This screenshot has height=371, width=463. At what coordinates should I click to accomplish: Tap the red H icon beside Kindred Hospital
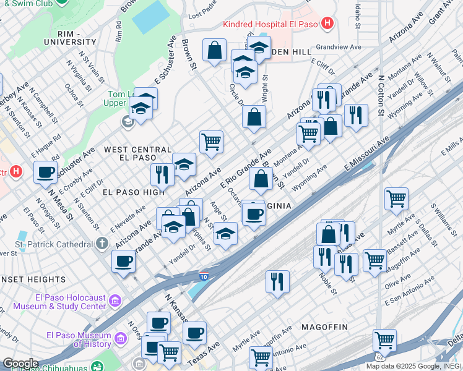coord(328,25)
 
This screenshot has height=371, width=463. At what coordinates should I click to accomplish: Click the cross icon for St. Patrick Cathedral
coord(103,244)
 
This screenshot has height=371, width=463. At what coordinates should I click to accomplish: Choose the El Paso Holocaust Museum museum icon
coord(115,301)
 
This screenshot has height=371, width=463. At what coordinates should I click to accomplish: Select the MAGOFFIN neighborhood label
coord(325,326)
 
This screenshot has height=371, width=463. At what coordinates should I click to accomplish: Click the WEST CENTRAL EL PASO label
coord(137,154)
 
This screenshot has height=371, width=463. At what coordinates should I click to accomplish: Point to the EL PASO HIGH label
coord(120,192)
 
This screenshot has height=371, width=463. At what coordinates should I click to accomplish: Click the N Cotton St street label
coord(381,96)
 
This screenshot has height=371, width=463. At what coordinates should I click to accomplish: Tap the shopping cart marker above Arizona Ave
coord(212,141)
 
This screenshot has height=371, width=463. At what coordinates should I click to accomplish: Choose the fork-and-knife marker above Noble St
coord(322,256)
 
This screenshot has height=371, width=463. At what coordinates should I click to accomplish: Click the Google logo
coord(20,364)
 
